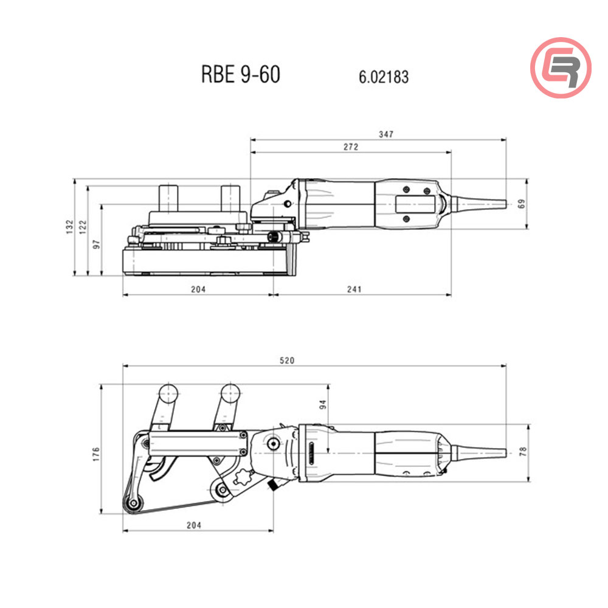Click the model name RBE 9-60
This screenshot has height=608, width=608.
click(240, 75)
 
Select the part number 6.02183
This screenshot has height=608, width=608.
click(384, 77)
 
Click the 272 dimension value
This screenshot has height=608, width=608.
click(351, 147)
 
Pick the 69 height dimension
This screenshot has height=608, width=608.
click(520, 204)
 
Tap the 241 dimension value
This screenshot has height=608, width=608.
click(354, 289)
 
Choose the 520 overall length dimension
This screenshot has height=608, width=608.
click(287, 361)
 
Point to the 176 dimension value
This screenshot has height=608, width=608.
click(96, 452)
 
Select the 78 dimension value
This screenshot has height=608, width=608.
click(522, 451)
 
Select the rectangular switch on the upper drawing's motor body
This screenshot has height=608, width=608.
click(416, 206)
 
